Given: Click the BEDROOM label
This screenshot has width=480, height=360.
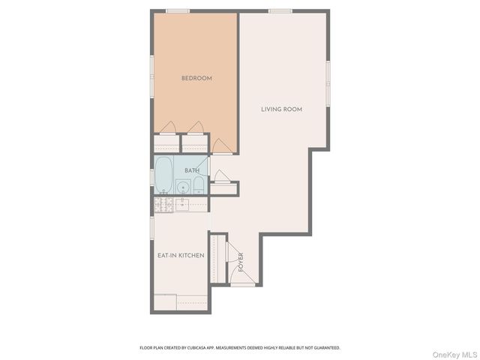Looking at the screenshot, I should [x=196, y=78].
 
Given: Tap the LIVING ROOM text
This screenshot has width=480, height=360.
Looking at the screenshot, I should [x=281, y=109].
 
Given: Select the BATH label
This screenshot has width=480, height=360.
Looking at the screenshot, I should [x=192, y=171].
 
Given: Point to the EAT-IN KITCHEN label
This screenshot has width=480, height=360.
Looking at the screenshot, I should [x=181, y=256].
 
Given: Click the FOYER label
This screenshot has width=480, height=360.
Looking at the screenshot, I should [x=241, y=262].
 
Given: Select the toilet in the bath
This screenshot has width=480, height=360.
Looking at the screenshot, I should [x=198, y=185].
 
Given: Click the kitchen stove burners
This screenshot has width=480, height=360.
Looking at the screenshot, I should [x=163, y=203].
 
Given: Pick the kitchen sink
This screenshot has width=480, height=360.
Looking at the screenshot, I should [x=181, y=203].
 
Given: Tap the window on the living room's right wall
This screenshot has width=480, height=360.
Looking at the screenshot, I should [x=328, y=82].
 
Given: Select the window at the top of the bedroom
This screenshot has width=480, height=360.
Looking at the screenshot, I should [x=178, y=10].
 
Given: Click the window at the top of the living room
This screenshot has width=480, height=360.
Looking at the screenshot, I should [x=280, y=10].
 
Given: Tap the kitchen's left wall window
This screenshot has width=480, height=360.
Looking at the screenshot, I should [x=152, y=226].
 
